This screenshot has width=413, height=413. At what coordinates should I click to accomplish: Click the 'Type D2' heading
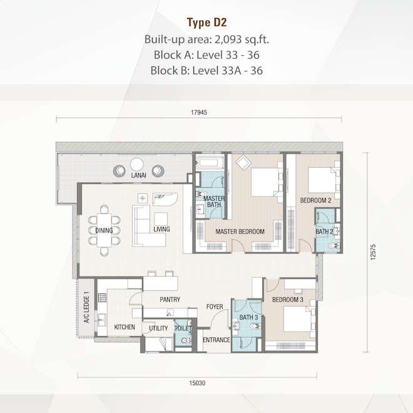(206, 23)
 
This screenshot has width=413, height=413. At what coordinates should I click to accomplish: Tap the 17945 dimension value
(199, 113)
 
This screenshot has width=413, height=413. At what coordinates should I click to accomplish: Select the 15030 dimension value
(197, 383)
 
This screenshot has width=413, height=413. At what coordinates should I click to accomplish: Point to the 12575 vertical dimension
(373, 252)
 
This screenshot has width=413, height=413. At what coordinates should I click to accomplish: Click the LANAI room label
(138, 175)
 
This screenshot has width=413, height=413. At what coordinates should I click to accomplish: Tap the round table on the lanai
(136, 165)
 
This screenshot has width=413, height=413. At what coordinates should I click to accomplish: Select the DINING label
(104, 230)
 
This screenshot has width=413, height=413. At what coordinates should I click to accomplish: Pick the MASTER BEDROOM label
(240, 232)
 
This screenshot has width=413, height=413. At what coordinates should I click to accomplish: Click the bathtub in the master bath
(210, 162)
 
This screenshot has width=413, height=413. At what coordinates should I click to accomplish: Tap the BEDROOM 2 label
(315, 200)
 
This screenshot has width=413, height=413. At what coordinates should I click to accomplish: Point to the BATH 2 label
(324, 232)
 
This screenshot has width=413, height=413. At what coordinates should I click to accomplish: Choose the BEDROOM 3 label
(288, 300)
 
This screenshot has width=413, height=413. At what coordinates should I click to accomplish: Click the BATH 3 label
(248, 317)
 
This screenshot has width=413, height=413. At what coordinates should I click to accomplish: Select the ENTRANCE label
(217, 340)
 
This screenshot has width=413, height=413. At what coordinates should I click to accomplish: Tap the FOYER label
(215, 307)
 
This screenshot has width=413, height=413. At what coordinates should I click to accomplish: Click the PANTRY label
(170, 300)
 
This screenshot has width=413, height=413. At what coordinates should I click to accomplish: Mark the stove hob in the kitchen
(102, 298)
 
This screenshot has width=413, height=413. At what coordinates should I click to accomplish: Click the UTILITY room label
(158, 328)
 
